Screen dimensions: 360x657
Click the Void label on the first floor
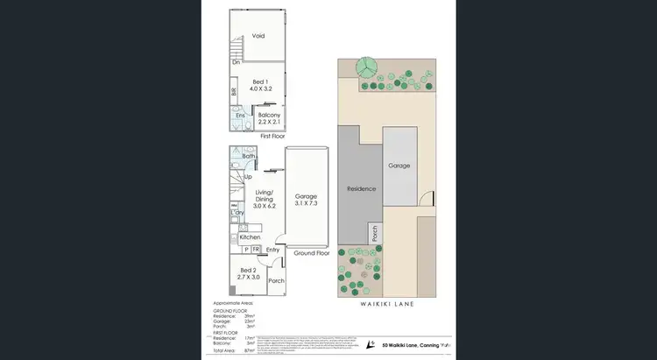click(x=258, y=36)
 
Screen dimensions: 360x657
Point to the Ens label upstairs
click(x=240, y=116)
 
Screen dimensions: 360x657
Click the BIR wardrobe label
click(x=234, y=91)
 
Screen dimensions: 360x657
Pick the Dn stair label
click(x=237, y=62)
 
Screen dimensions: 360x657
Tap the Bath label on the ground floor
click(x=249, y=156)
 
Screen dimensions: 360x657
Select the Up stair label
click(x=248, y=177)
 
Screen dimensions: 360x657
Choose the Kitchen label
click(x=251, y=237)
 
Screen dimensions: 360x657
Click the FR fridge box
click(x=256, y=250)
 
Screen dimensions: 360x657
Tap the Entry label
click(x=272, y=251)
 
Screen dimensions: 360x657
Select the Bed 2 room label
click(x=249, y=272)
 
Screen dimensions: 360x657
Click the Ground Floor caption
click(x=310, y=252)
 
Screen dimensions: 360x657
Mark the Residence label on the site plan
click(x=361, y=189)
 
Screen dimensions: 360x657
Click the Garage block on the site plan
click(x=399, y=166)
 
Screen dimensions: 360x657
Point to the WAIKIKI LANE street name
click(x=386, y=304)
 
